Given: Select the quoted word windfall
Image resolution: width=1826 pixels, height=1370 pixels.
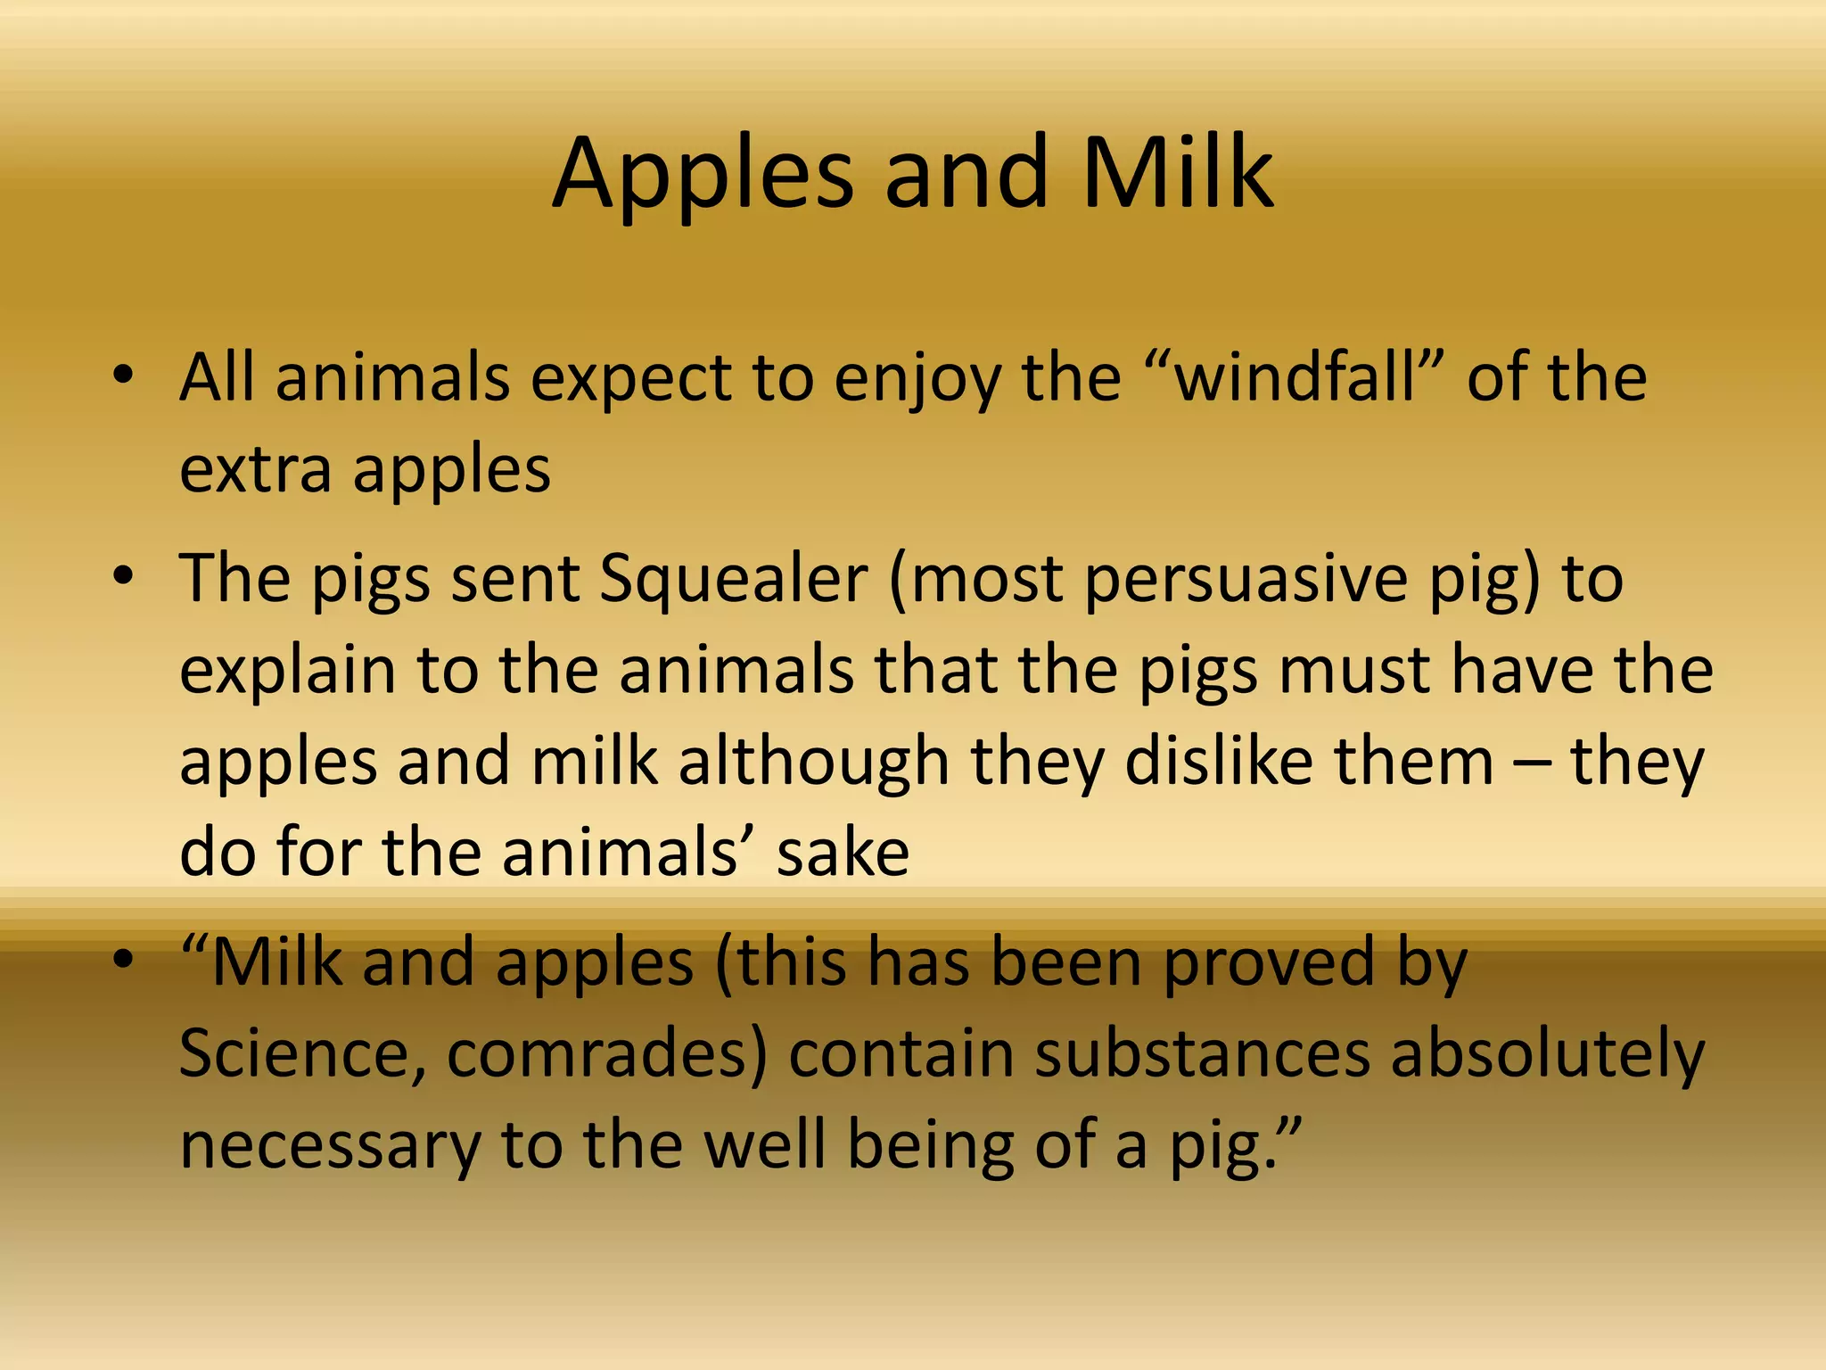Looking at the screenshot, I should click(x=1295, y=377).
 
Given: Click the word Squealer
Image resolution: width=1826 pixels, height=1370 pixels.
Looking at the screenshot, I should click(x=733, y=579).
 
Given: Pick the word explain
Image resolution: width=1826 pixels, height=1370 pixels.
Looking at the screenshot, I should click(x=287, y=672).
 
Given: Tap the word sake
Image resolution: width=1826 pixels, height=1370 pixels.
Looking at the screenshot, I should click(x=843, y=853).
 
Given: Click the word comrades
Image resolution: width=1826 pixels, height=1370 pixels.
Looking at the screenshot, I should click(x=606, y=1055).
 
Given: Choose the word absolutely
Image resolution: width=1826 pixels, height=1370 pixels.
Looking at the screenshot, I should click(x=1547, y=1055).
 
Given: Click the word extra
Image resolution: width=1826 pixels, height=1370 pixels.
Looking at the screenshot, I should click(x=255, y=470).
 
